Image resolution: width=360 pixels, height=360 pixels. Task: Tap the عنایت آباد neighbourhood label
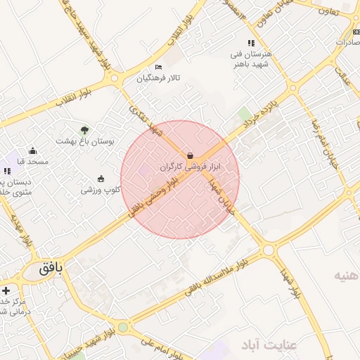click(270, 345)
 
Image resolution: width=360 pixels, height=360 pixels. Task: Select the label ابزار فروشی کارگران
click(190, 167)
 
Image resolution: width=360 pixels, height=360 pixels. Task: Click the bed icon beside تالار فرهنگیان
click(158, 67)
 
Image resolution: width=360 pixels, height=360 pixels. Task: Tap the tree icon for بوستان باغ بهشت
click(84, 130)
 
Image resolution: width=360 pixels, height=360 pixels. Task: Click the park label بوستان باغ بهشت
click(85, 141)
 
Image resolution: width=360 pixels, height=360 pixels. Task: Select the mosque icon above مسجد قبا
click(32, 150)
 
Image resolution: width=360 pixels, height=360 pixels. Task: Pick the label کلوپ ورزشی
click(101, 189)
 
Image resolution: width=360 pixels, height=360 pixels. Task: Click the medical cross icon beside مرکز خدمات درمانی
click(6, 290)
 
